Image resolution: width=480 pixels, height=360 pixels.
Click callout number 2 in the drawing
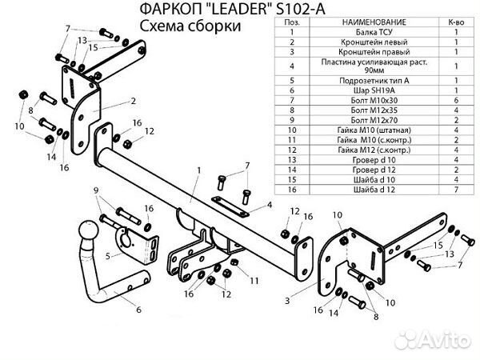(133, 101)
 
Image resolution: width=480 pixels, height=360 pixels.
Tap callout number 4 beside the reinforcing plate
(270, 206)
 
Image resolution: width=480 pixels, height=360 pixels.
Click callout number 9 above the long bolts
(96, 190)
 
